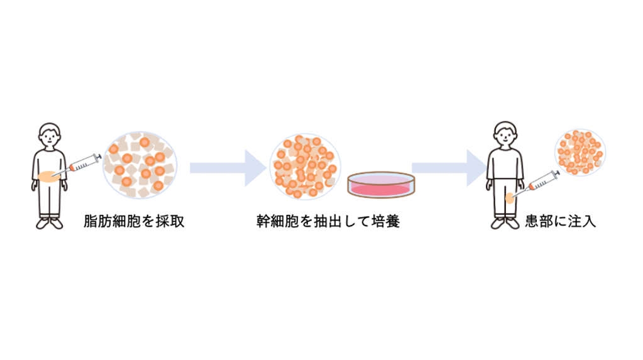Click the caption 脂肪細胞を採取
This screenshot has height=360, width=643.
point(134,221)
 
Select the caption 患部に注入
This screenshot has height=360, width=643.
point(560,221)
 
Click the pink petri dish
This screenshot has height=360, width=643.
point(382,185)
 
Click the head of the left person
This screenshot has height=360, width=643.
point(50,134)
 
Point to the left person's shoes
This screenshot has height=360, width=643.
point(50,222)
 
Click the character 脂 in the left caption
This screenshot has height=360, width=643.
point(91,221)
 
